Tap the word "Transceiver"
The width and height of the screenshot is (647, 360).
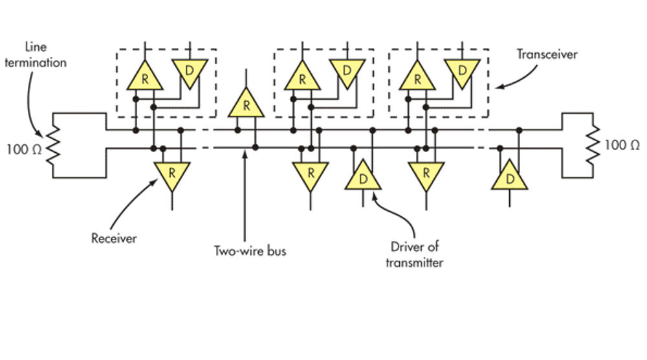(x=547, y=54)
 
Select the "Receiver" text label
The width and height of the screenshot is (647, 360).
(x=114, y=238)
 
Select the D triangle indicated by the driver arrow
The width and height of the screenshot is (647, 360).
(x=363, y=176)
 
